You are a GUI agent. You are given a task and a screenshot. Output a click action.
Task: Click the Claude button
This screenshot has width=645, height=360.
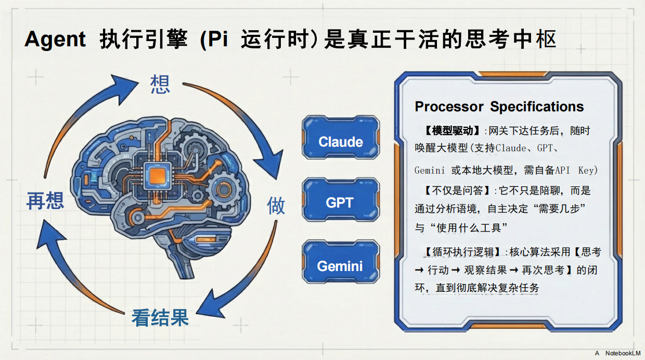[341, 141]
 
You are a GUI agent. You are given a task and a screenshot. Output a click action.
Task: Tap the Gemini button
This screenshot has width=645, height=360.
[340, 265]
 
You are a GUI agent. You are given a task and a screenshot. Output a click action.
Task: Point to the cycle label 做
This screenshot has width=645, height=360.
[276, 205]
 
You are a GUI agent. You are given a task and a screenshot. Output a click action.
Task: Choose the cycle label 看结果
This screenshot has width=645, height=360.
[160, 317]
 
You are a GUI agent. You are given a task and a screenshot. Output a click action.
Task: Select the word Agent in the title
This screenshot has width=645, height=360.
[55, 40]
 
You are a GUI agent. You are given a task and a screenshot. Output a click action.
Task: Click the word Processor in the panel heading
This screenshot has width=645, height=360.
[449, 107]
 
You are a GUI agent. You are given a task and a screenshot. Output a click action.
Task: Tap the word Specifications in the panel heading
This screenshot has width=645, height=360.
[537, 107]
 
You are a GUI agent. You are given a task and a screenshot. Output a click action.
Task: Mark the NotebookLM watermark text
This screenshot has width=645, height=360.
[623, 353]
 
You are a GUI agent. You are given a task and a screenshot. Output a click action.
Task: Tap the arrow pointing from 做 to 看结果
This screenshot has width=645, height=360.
[244, 281]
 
